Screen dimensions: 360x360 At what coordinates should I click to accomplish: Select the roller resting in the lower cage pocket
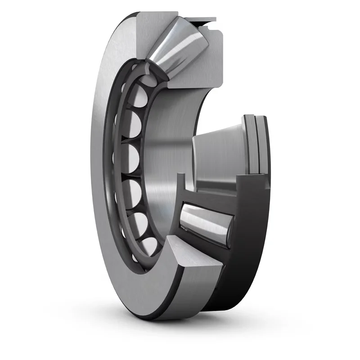[205, 220]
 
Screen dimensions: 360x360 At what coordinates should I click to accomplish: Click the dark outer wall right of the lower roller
[252, 234]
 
